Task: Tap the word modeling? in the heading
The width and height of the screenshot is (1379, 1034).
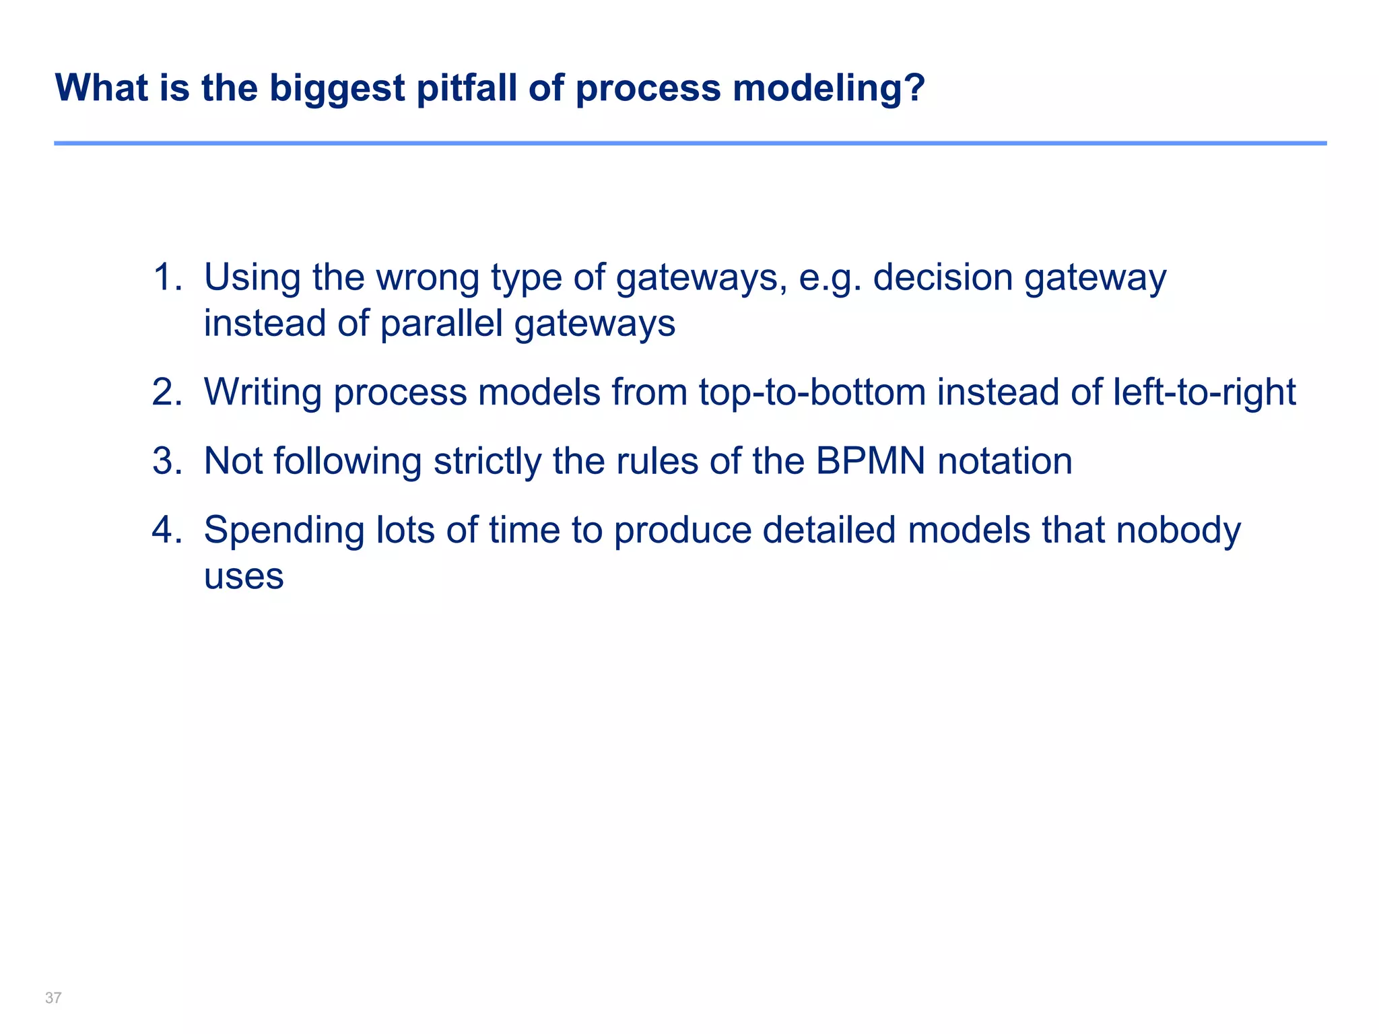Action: click(829, 88)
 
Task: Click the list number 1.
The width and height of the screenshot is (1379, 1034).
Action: click(167, 277)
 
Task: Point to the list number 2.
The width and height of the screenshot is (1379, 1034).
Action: click(167, 392)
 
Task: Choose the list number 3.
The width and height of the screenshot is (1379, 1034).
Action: click(167, 462)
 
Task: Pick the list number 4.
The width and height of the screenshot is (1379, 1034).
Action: click(167, 530)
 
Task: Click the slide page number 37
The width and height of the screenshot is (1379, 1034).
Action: click(53, 998)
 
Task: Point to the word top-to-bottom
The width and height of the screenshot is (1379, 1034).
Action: click(812, 392)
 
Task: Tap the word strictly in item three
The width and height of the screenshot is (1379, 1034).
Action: click(487, 462)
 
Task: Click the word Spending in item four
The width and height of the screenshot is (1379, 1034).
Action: click(283, 530)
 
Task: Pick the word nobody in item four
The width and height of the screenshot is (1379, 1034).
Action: click(1178, 530)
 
